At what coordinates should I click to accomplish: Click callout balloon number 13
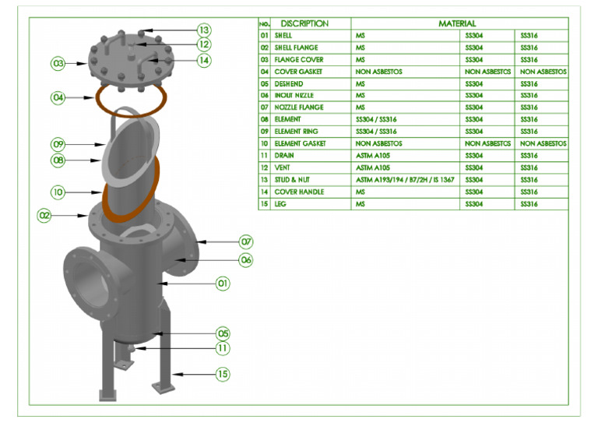(x=204, y=30)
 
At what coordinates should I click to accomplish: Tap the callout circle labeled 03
(x=58, y=63)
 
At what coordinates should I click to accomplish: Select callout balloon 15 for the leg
(x=223, y=374)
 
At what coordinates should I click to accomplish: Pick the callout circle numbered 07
(x=246, y=241)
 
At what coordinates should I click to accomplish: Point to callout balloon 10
(x=58, y=192)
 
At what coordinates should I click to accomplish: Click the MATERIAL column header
(x=457, y=23)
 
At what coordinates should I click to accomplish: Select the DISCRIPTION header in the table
(x=304, y=23)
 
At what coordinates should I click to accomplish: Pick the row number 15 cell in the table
(x=264, y=204)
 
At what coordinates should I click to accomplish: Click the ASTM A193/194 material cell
(x=405, y=180)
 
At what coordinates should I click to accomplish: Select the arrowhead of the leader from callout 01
(x=162, y=284)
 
